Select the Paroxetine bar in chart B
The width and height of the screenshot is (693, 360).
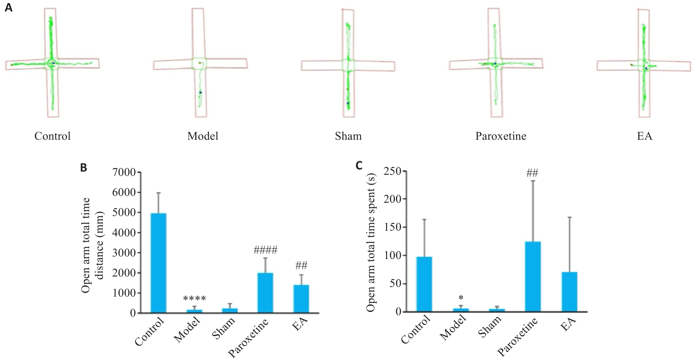point(265,293)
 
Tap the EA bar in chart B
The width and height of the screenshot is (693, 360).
point(302,299)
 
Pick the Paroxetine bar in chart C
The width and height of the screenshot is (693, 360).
point(533,277)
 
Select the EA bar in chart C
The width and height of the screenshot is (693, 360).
point(569,292)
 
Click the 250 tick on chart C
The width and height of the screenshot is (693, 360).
point(393,171)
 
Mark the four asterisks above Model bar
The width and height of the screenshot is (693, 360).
point(194,298)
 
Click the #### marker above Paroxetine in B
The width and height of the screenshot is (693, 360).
point(265,250)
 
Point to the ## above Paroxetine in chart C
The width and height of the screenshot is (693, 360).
point(533,174)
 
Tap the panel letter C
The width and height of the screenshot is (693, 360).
point(359,165)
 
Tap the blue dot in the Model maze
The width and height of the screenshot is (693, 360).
point(201,92)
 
